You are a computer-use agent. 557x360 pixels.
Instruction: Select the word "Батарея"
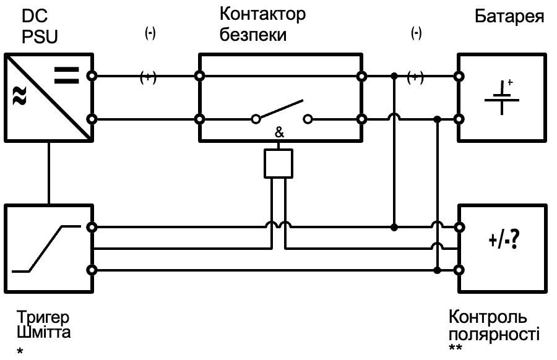pos(510,17)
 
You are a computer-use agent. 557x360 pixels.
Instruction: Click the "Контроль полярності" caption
pos(494,326)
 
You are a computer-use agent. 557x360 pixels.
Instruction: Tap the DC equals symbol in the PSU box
pos(66,75)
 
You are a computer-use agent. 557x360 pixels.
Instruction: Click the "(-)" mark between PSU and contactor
pos(149,34)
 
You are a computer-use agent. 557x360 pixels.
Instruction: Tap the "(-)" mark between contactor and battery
pos(417,34)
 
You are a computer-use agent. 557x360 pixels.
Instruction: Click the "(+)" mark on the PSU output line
pos(148,77)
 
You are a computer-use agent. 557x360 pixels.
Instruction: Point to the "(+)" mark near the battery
pos(416,77)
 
